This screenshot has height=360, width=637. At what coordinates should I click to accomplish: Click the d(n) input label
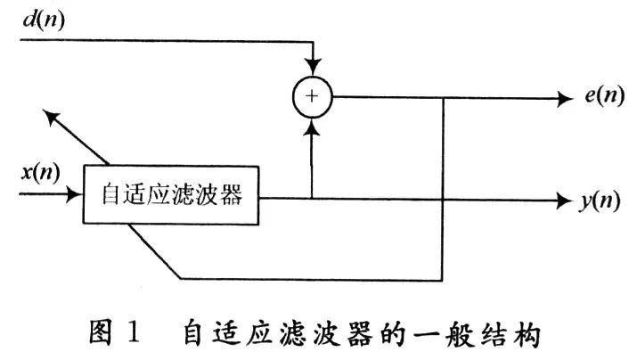(44, 20)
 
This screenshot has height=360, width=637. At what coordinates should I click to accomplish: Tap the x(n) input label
(41, 172)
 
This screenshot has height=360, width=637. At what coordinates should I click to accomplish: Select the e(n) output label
(605, 95)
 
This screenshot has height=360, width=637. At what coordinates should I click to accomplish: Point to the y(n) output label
(600, 201)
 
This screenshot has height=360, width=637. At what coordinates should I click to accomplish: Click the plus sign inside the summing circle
(312, 96)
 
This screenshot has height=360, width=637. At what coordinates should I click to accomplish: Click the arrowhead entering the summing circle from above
(314, 67)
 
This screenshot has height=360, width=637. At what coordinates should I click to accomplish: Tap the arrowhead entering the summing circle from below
(313, 126)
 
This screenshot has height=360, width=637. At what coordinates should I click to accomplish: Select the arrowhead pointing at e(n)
(565, 99)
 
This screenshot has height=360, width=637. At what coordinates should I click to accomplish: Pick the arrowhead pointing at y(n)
(563, 200)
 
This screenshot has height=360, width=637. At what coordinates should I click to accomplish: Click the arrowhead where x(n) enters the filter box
(74, 194)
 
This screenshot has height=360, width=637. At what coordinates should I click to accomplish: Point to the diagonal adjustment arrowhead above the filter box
(51, 117)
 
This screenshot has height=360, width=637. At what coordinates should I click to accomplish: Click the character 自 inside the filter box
(111, 194)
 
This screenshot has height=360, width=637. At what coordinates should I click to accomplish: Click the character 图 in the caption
(100, 333)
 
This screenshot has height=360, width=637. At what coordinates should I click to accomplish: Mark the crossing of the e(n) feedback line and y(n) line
(443, 200)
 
